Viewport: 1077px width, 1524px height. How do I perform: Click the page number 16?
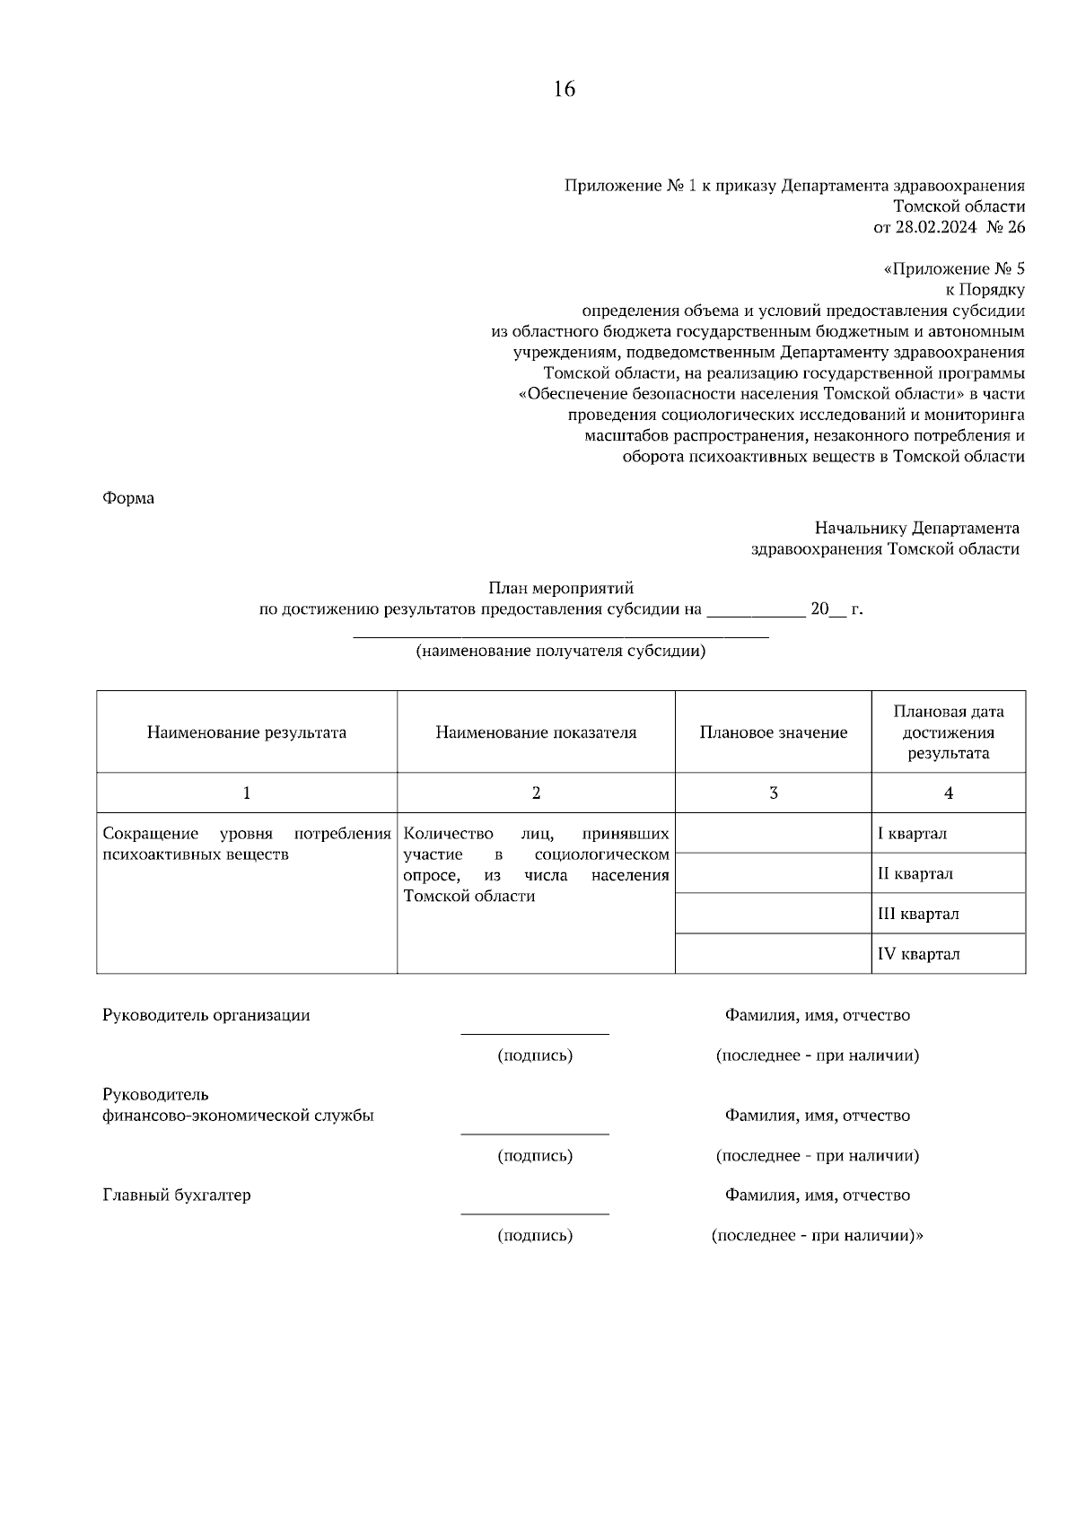(x=564, y=89)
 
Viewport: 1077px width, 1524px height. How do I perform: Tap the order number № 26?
(x=1004, y=227)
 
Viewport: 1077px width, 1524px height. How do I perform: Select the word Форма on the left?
(x=128, y=498)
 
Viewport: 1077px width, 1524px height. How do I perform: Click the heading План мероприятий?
(x=561, y=589)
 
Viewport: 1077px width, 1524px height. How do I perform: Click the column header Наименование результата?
(x=247, y=732)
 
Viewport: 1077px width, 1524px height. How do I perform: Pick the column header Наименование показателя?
(x=536, y=732)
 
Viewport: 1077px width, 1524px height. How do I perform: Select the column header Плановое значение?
(x=773, y=732)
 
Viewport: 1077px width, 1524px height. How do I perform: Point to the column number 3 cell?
(x=773, y=793)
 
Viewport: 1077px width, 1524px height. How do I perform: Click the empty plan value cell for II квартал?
(x=773, y=873)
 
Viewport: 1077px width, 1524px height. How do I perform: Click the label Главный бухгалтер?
(x=177, y=1196)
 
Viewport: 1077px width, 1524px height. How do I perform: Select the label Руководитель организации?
(x=206, y=1015)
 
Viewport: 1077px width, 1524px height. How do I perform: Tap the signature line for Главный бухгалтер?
(x=535, y=1213)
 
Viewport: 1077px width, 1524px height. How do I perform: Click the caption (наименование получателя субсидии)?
(x=560, y=652)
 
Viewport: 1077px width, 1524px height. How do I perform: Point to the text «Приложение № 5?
(x=954, y=269)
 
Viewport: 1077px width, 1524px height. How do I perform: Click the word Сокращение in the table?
(x=149, y=834)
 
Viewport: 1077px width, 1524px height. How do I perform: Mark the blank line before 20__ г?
(x=756, y=616)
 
